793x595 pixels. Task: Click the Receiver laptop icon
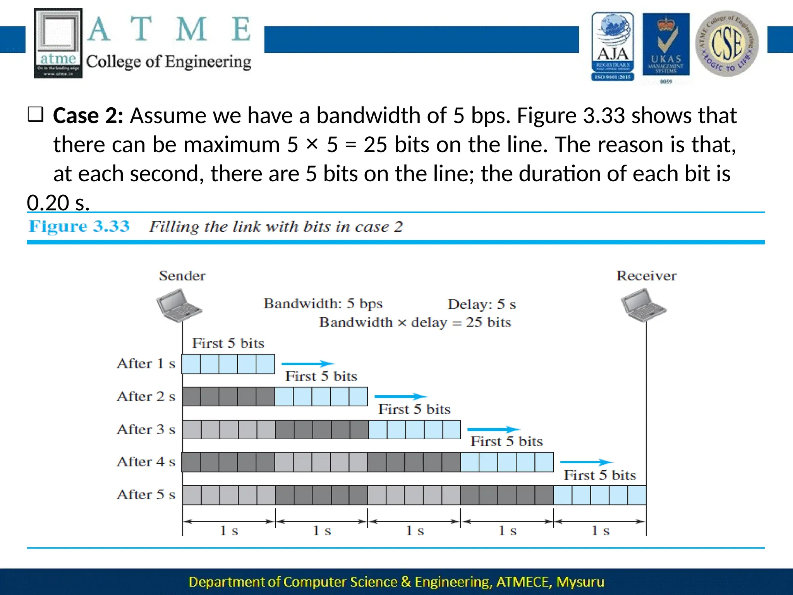coord(643,305)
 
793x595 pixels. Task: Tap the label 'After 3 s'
coord(146,430)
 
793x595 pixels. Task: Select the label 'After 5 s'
coord(146,495)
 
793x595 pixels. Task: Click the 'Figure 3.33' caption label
coord(79,226)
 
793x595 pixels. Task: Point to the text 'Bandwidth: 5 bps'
coord(323,304)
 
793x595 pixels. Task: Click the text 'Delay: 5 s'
coord(482,304)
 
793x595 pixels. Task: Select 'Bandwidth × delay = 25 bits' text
coord(415,323)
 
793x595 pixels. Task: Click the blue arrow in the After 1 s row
coord(307,364)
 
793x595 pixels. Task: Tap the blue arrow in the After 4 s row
coord(586,462)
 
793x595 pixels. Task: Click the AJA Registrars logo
coord(613,46)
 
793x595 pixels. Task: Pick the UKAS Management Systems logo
coord(666,46)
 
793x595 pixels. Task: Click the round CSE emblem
coord(726,43)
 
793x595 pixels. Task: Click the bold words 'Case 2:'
coord(88,116)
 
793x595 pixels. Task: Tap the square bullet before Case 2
coord(36,115)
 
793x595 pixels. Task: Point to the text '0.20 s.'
coord(58,203)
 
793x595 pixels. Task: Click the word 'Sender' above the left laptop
coord(182,276)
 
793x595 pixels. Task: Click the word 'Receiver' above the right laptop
coord(646,276)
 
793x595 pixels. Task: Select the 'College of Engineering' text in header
coord(168,62)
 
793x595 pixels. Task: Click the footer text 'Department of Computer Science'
coord(292,582)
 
